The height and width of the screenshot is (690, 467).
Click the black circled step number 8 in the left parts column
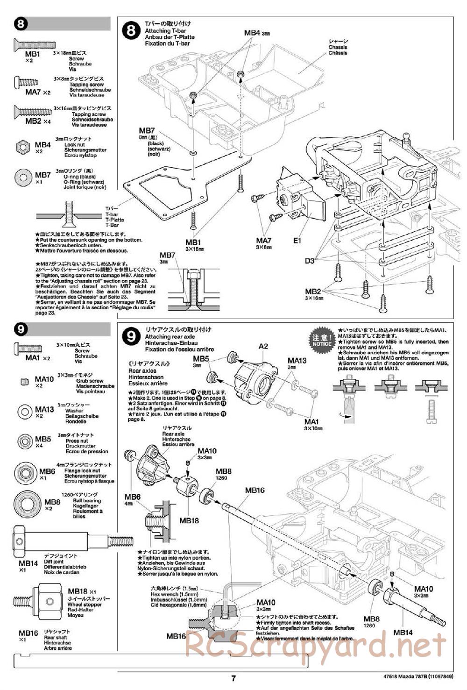pos(21,24)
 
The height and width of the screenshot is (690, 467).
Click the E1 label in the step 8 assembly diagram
pos(297,241)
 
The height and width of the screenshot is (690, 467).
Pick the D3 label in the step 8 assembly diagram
pos(310,261)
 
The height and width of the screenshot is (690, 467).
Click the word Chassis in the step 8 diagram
pos(338,47)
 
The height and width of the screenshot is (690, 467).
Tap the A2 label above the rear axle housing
pos(263,346)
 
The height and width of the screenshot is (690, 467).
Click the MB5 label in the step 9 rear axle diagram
pos(201,359)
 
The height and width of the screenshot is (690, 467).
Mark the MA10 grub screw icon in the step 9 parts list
pos(24,381)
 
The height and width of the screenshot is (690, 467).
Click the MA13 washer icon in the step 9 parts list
pos(24,412)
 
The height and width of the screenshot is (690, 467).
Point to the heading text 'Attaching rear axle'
pos(170,337)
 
